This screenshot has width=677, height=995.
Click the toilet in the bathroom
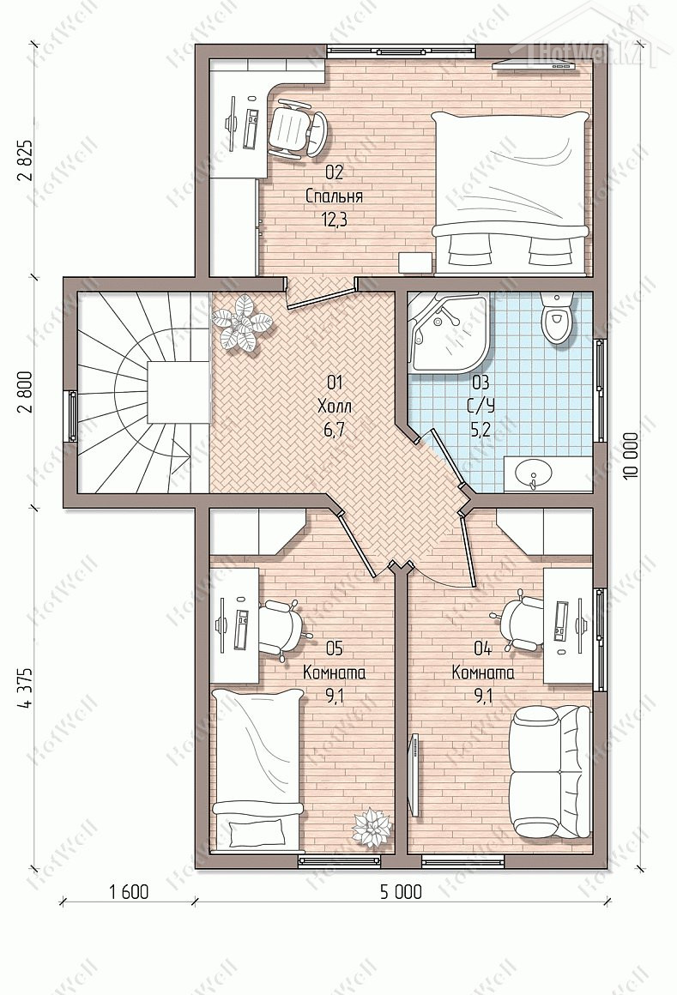point(558,317)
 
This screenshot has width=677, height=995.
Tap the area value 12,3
point(335,220)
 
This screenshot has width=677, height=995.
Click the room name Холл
point(335,406)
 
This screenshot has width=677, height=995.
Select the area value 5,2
point(481,431)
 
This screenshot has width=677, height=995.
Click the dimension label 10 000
point(630,457)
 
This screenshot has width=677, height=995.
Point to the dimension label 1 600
point(128,891)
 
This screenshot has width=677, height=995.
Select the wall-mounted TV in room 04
point(415,775)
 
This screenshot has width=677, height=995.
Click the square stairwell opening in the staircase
point(178,392)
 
